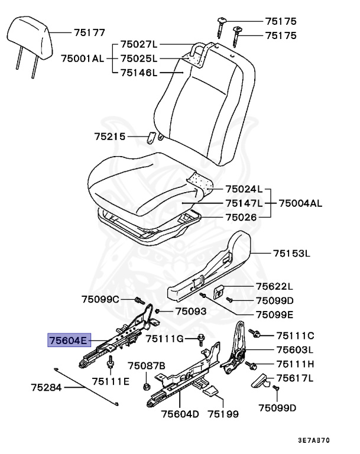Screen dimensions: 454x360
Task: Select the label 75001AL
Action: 82,59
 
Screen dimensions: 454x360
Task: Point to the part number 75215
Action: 110,137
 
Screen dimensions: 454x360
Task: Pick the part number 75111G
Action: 166,338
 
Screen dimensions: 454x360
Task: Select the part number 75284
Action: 47,388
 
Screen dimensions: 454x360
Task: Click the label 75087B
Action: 147,367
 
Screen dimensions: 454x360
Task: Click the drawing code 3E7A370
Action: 313,440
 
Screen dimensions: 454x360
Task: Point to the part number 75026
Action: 240,216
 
